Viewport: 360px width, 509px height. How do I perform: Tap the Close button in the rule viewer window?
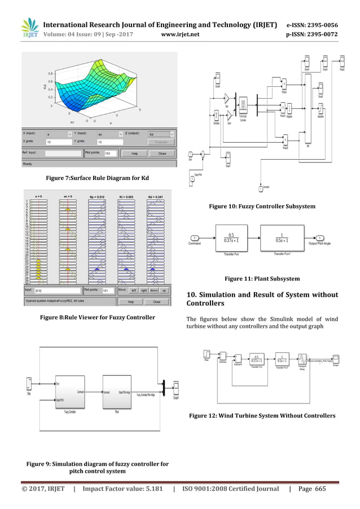(x=156, y=301)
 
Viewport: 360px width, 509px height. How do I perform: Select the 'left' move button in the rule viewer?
(x=134, y=290)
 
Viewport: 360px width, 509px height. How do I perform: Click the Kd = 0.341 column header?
(x=156, y=195)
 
